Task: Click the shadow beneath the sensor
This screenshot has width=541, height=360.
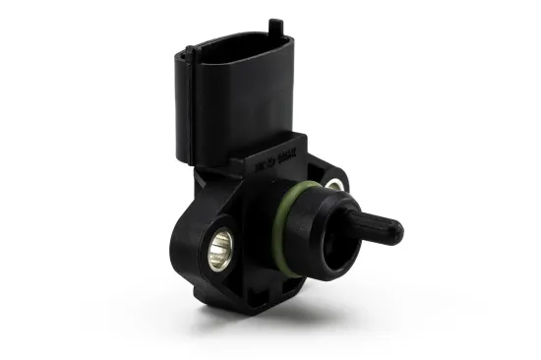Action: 295,313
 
